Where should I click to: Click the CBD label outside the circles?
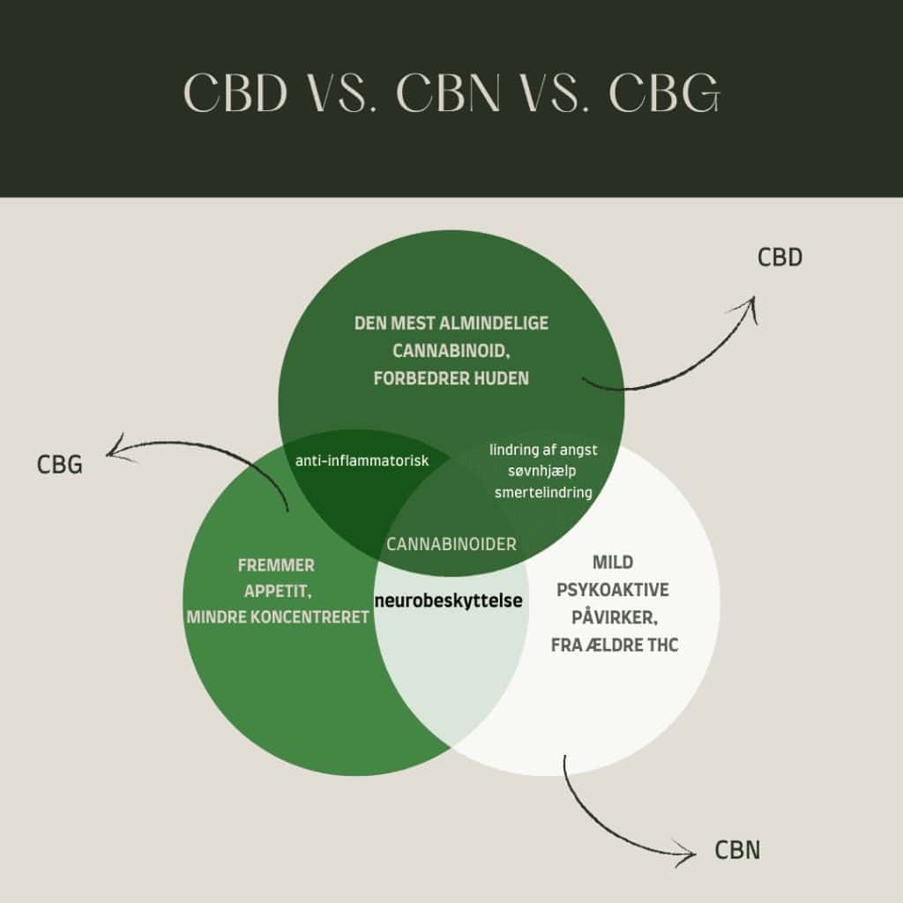pyautogui.click(x=780, y=258)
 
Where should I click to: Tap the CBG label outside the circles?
pyautogui.click(x=60, y=465)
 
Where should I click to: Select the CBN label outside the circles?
pyautogui.click(x=737, y=850)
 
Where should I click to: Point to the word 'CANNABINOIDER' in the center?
pyautogui.click(x=451, y=544)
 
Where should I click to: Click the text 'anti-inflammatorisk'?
pyautogui.click(x=362, y=459)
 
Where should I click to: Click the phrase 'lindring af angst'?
pyautogui.click(x=543, y=450)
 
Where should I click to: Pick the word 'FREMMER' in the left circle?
pyautogui.click(x=276, y=565)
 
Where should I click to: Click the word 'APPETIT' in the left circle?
pyautogui.click(x=276, y=591)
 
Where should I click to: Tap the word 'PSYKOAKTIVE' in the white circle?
pyautogui.click(x=614, y=589)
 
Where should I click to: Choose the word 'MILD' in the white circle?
pyautogui.click(x=614, y=563)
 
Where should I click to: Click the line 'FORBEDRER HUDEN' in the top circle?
pyautogui.click(x=451, y=378)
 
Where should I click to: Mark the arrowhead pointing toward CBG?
pyautogui.click(x=111, y=451)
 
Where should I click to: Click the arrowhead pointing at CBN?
pyautogui.click(x=690, y=848)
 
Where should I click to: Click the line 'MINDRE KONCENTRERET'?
pyautogui.click(x=278, y=617)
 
